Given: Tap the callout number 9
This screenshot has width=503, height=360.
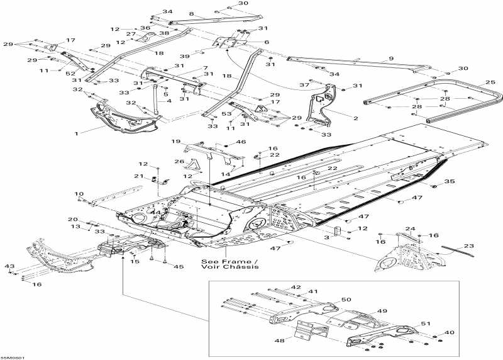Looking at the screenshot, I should (390, 59).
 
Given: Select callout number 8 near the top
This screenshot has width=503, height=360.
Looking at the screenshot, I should (191, 13).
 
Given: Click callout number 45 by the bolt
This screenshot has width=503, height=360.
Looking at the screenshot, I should (179, 266).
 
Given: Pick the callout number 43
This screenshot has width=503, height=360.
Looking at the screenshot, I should (9, 267).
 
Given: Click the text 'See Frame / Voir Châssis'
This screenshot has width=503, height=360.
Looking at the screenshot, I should (229, 264).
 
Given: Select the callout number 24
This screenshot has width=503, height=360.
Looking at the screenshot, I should (410, 228).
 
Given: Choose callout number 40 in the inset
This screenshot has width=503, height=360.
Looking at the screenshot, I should (449, 332).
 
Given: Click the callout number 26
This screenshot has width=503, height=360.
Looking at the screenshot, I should (179, 162).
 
